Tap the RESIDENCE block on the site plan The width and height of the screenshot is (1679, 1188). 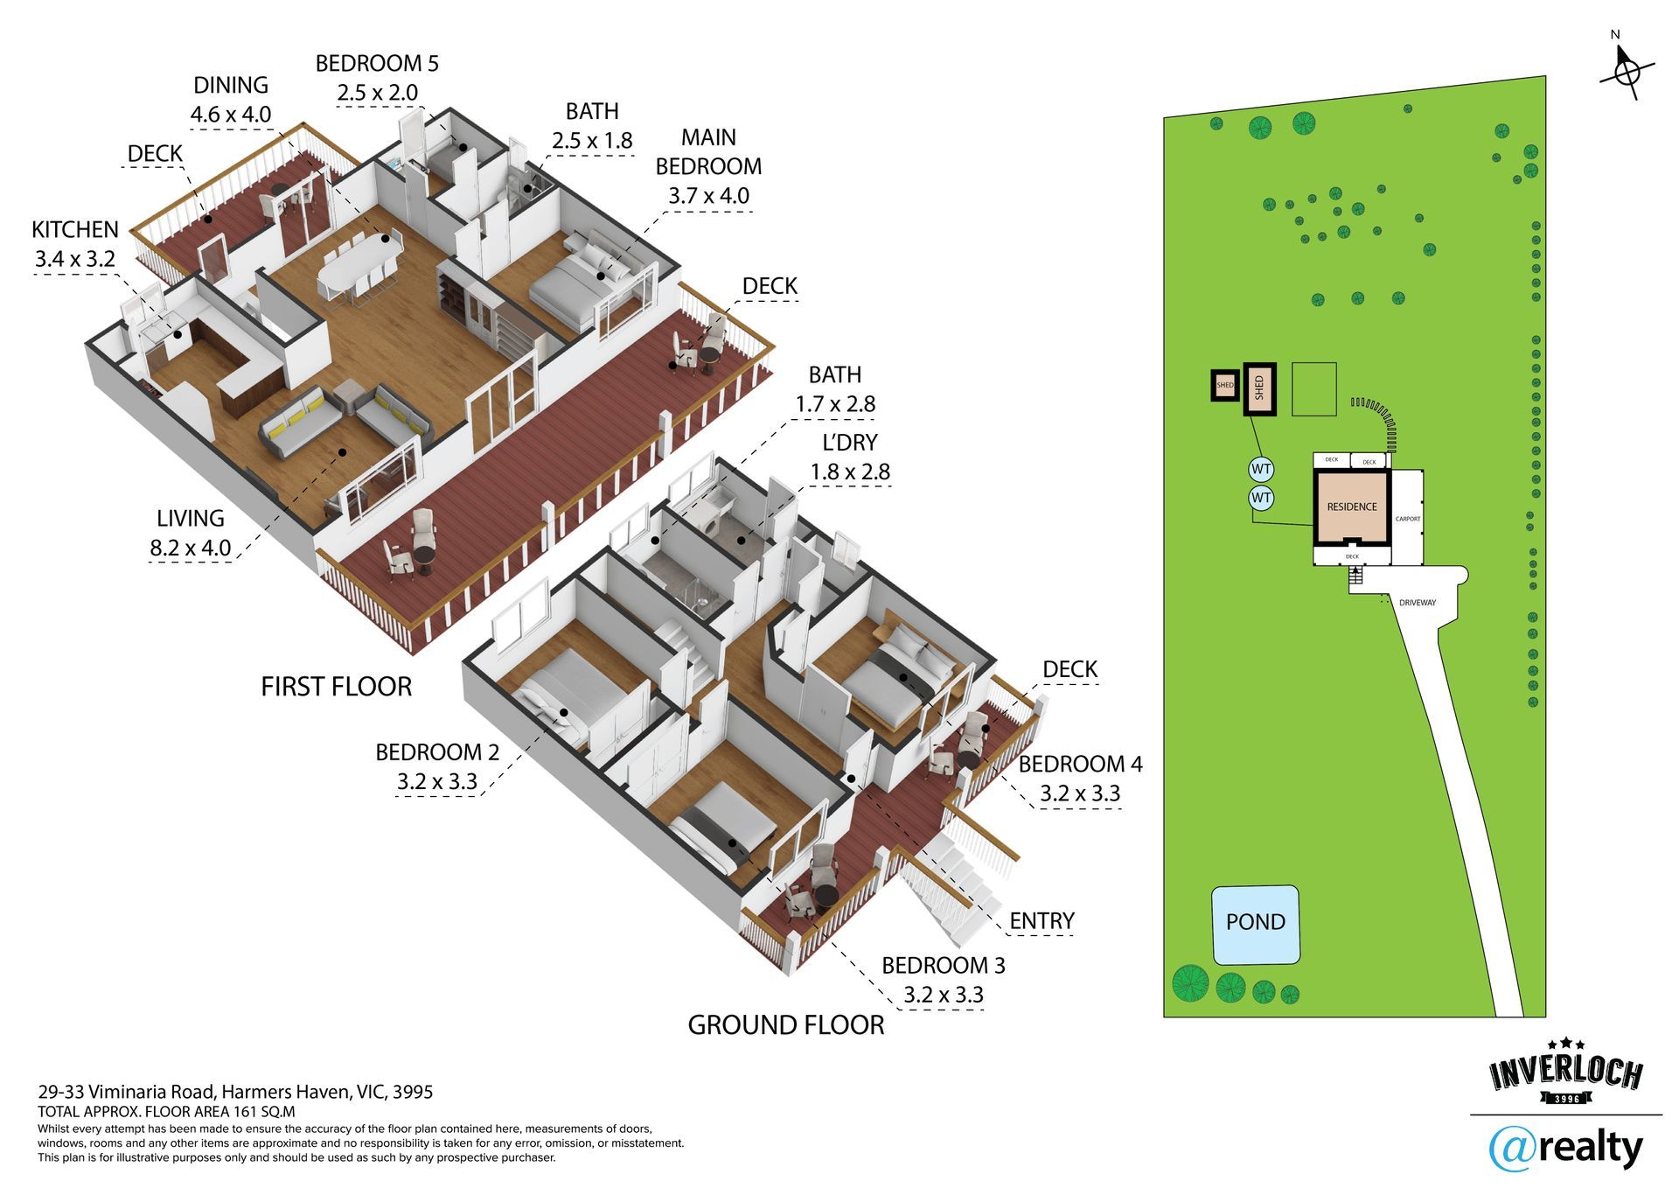pyautogui.click(x=1351, y=507)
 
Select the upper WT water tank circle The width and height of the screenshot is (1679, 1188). pyautogui.click(x=1261, y=469)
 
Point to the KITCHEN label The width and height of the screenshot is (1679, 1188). pyautogui.click(x=75, y=230)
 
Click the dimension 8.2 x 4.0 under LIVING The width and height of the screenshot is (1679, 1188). pyautogui.click(x=190, y=549)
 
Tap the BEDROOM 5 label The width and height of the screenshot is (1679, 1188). pyautogui.click(x=377, y=64)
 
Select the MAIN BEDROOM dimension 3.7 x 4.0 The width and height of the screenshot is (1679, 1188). pyautogui.click(x=708, y=196)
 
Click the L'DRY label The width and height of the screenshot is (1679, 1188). pyautogui.click(x=843, y=443)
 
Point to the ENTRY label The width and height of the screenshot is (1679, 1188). pyautogui.click(x=1041, y=921)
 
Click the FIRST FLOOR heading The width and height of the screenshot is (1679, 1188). pyautogui.click(x=336, y=687)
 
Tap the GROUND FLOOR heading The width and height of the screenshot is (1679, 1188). pyautogui.click(x=785, y=1025)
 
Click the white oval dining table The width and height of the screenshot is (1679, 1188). pyautogui.click(x=359, y=262)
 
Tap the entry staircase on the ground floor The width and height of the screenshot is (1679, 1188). pyautogui.click(x=958, y=892)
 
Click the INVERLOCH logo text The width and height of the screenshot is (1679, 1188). pyautogui.click(x=1565, y=1073)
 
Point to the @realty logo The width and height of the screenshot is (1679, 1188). pyautogui.click(x=1565, y=1148)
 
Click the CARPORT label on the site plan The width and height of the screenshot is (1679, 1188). pyautogui.click(x=1407, y=520)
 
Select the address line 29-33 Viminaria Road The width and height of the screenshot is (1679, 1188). pyautogui.click(x=235, y=1092)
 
